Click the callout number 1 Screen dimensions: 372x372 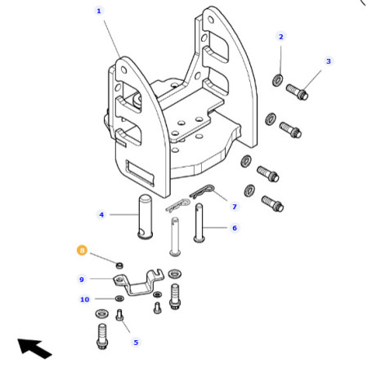click(x=99, y=11)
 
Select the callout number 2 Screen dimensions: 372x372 click(x=281, y=37)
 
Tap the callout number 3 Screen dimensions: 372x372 click(x=329, y=61)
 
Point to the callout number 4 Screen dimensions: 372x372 click(x=101, y=215)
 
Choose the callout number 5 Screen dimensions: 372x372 click(x=136, y=343)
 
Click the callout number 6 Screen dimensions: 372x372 click(x=235, y=228)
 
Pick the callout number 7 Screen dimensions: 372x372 click(x=235, y=207)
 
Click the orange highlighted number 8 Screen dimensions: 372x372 click(x=82, y=250)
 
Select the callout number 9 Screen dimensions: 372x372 click(x=82, y=280)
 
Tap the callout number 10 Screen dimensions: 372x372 click(x=85, y=299)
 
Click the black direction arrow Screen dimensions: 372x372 click(x=34, y=348)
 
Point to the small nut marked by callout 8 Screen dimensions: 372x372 click(x=119, y=265)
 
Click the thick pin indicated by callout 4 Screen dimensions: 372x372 click(x=145, y=217)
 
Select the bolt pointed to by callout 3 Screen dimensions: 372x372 click(x=297, y=92)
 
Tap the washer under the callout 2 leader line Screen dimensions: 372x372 click(x=277, y=80)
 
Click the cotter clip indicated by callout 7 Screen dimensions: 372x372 click(x=203, y=191)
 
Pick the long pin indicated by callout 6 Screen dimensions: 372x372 click(x=199, y=222)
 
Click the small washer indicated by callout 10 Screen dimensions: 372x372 click(x=119, y=298)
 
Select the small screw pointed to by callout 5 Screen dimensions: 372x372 click(x=119, y=315)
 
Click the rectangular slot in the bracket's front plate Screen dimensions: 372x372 click(x=140, y=173)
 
